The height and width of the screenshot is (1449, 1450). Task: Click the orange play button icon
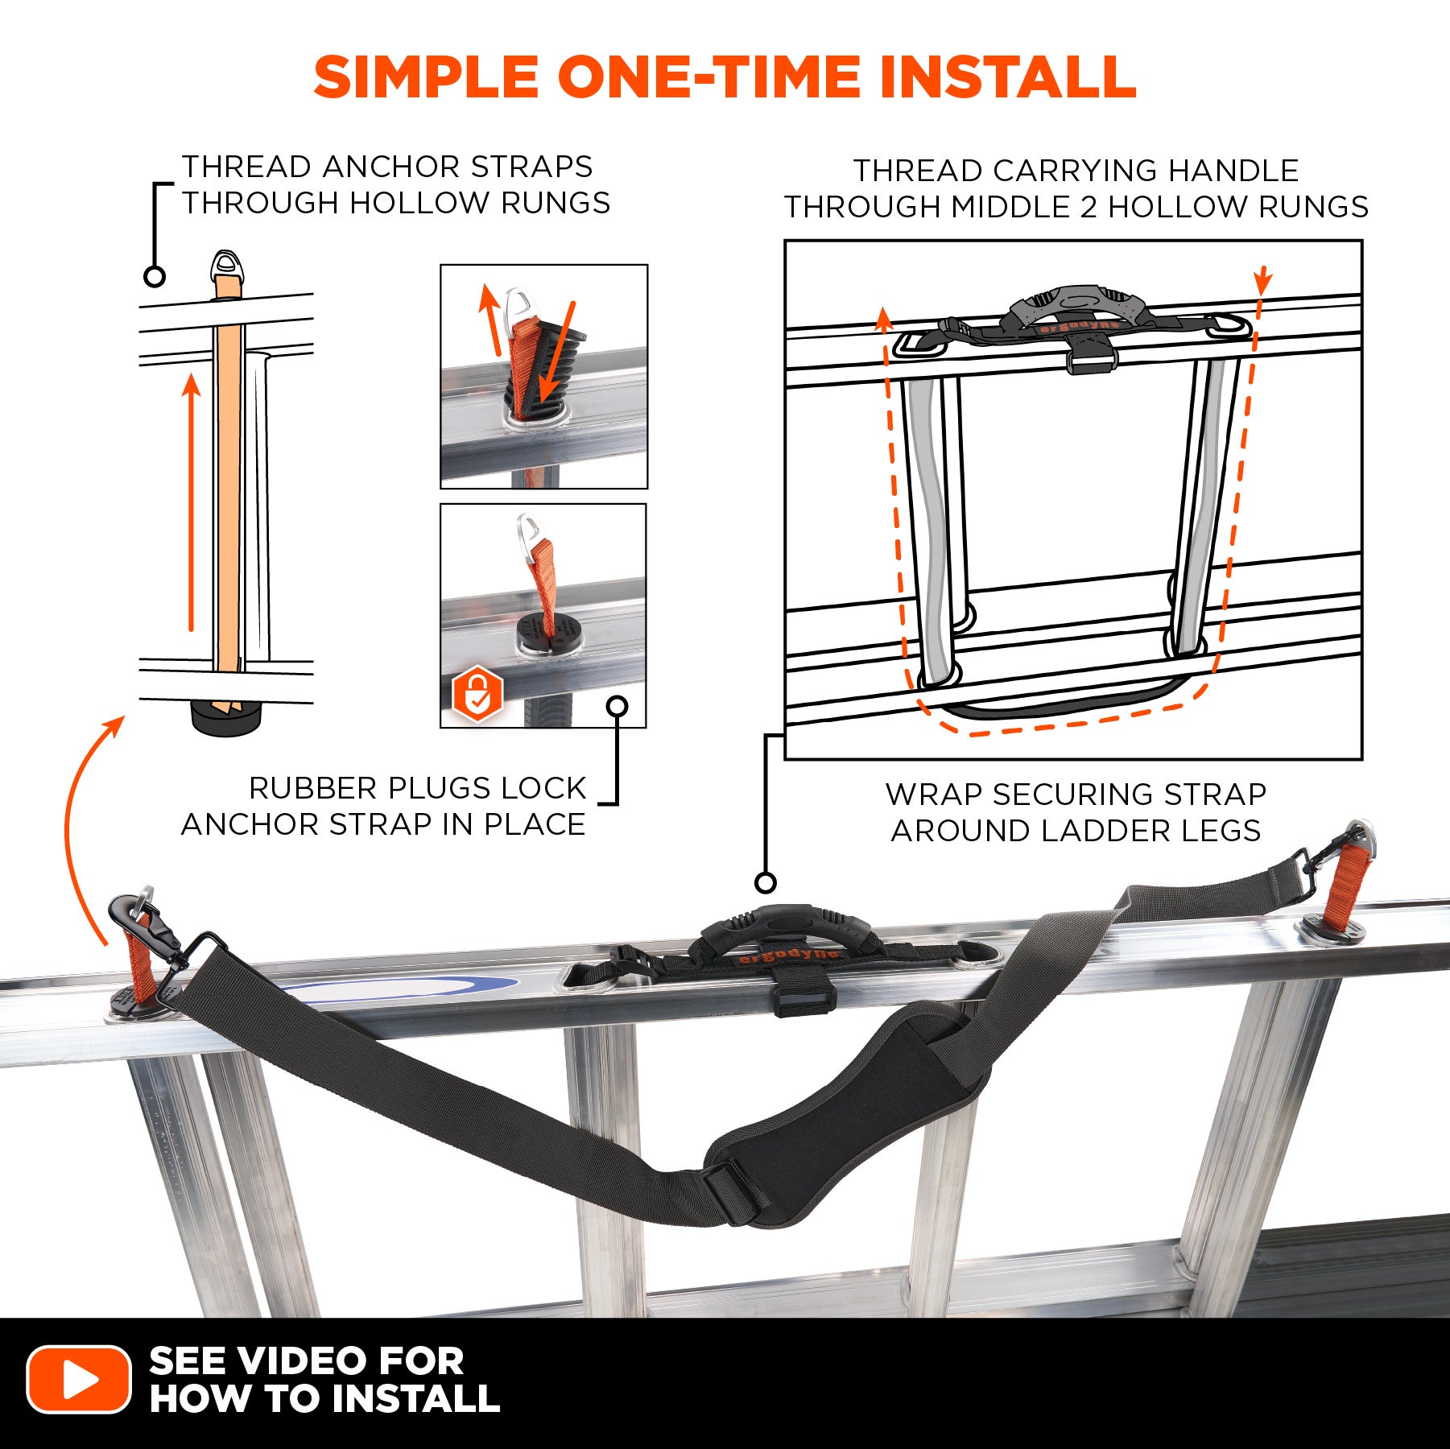pos(78,1378)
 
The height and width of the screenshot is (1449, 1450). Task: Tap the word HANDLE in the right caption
pos(1233,171)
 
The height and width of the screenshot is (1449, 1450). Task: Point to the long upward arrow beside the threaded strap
pos(191,502)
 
